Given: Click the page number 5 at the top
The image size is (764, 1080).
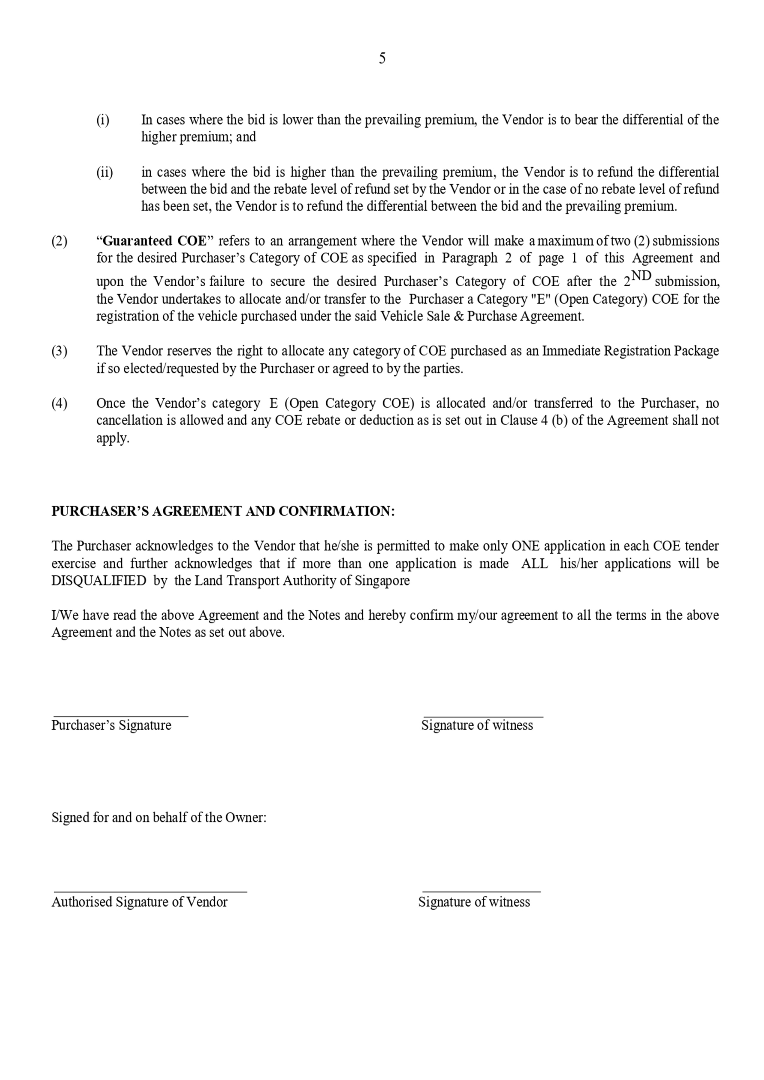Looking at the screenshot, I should [382, 58].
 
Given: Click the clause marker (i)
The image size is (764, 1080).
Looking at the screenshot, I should [103, 120].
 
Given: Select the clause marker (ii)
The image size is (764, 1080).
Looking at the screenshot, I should [105, 172].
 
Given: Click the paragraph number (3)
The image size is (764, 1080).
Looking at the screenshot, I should [59, 351].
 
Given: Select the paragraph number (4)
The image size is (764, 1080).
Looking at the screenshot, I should [59, 403].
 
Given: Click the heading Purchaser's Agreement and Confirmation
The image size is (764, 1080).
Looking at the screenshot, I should [223, 511].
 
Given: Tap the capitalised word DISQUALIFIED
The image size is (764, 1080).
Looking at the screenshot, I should [99, 581].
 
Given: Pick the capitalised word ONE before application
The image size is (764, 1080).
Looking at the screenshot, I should [526, 546].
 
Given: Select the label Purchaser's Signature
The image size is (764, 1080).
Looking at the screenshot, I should [111, 725].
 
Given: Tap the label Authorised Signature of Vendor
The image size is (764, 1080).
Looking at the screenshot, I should [139, 902].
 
